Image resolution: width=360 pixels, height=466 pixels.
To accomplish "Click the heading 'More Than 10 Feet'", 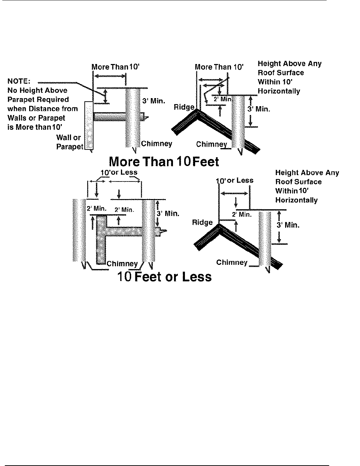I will (x=164, y=162).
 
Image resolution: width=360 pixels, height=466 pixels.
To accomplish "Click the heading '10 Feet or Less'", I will (x=164, y=277).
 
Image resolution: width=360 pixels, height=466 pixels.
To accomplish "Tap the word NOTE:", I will (x=19, y=82).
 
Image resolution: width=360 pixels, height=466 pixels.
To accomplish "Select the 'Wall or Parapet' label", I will (x=69, y=142).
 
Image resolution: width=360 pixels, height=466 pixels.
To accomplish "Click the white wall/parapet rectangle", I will (x=89, y=126).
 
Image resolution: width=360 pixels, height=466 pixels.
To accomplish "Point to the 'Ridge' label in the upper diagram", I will (x=184, y=107).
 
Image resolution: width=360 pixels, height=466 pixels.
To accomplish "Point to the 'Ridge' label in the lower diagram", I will (x=202, y=222).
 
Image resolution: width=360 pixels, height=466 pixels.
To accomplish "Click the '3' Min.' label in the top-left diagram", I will (x=154, y=101).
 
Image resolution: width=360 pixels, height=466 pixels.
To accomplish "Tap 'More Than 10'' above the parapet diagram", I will (x=116, y=67).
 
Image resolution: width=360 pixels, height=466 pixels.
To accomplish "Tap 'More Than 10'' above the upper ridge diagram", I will (x=219, y=67).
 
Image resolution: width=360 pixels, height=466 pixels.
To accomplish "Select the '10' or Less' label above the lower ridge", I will (x=235, y=181).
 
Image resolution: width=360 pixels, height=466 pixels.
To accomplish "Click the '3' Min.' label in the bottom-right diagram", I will (x=288, y=225).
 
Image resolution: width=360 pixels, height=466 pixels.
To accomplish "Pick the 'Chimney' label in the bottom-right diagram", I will (x=232, y=262).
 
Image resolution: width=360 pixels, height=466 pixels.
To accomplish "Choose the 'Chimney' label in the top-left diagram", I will (x=156, y=143).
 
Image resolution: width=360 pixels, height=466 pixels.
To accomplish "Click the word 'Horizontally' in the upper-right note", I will (x=279, y=91).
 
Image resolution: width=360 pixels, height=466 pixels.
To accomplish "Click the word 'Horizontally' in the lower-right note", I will (x=296, y=200).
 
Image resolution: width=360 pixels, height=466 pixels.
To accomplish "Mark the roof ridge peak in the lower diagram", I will (x=219, y=225).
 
